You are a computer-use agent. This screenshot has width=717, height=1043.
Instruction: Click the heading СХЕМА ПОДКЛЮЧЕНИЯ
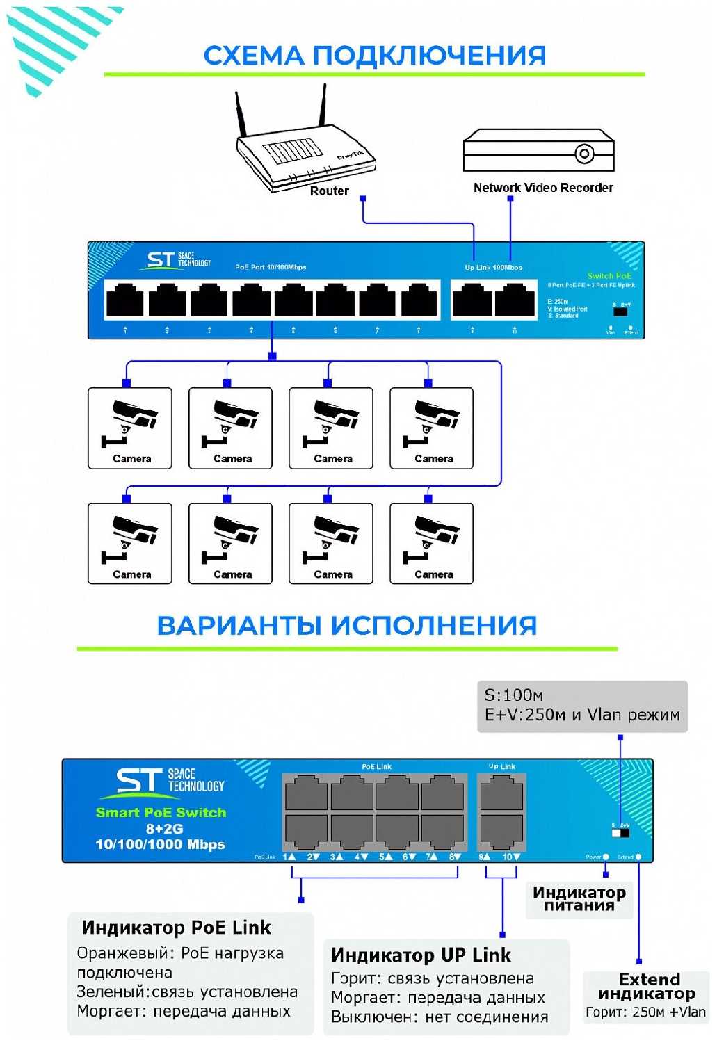pyautogui.click(x=374, y=56)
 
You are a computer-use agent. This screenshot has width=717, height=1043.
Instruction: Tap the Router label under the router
pyautogui.click(x=329, y=191)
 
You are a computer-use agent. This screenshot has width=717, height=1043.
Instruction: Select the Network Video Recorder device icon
pyautogui.click(x=538, y=150)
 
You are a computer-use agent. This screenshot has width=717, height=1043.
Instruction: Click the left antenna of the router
pyautogui.click(x=241, y=114)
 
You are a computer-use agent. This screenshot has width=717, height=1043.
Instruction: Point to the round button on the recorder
pyautogui.click(x=584, y=153)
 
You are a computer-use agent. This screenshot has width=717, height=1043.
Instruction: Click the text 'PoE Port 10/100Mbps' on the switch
pyautogui.click(x=271, y=267)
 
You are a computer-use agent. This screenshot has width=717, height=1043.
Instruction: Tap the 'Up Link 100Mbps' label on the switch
pyautogui.click(x=493, y=267)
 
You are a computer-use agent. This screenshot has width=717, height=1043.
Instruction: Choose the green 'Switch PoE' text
pyautogui.click(x=609, y=276)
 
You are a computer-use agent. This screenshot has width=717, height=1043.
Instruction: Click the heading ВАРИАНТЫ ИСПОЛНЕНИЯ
pyautogui.click(x=346, y=626)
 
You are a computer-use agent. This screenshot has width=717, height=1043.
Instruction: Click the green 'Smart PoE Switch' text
pyautogui.click(x=161, y=812)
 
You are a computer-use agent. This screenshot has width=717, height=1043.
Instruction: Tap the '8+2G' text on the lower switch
pyautogui.click(x=164, y=828)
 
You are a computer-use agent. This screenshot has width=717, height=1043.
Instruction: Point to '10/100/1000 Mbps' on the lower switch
pyautogui.click(x=160, y=844)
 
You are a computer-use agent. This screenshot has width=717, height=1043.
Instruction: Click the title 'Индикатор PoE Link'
pyautogui.click(x=176, y=928)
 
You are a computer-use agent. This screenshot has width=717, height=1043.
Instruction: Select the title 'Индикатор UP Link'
pyautogui.click(x=421, y=955)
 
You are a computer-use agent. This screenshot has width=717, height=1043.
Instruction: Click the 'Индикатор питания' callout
pyautogui.click(x=579, y=898)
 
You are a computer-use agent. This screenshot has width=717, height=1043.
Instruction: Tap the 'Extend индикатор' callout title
pyautogui.click(x=647, y=987)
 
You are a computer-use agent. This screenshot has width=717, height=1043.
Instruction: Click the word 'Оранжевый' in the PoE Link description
pyautogui.click(x=122, y=953)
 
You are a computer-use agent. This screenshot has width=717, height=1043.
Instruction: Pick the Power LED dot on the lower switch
pyautogui.click(x=606, y=857)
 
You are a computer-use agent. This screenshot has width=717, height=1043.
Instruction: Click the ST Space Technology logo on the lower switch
pyautogui.click(x=169, y=782)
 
